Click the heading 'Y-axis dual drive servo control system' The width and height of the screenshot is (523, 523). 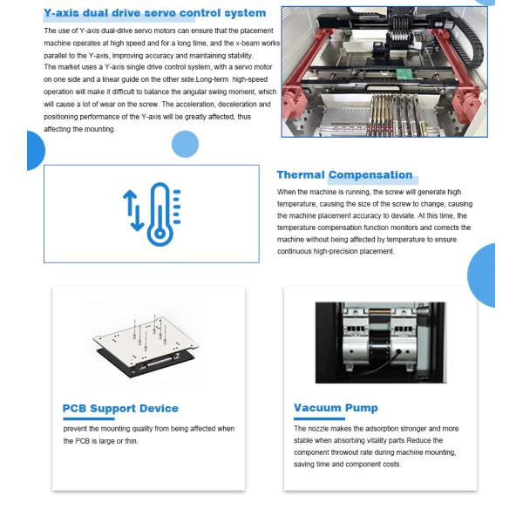click(155, 13)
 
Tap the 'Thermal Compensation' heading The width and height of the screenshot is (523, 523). click(344, 175)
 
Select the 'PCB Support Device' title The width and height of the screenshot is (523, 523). click(120, 408)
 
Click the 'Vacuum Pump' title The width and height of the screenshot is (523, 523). click(336, 408)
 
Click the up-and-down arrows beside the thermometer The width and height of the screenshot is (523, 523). click(133, 211)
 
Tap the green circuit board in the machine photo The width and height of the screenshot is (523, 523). click(404, 74)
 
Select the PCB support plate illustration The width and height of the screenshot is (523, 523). click(146, 346)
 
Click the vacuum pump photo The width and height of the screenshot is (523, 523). click(381, 343)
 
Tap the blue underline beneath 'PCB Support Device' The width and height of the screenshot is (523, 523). click(89, 419)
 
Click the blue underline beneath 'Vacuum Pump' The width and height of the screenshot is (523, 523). click(319, 418)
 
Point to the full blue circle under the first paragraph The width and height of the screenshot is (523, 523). click(185, 144)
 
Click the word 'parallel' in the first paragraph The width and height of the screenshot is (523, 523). click(54, 56)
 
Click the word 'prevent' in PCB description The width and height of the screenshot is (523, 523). click(75, 429)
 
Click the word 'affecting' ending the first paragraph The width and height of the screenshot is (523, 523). click(58, 129)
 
